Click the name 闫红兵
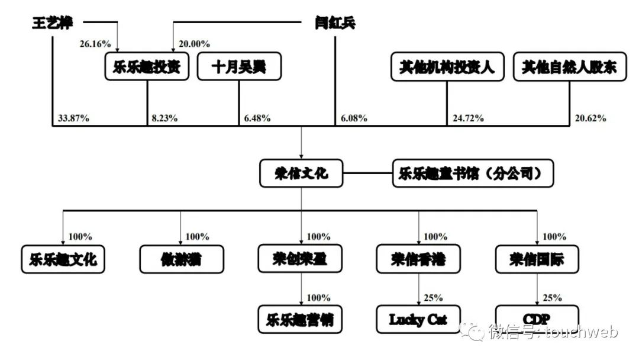click(x=335, y=23)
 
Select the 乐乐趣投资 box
click(x=147, y=67)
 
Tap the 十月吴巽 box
click(x=239, y=67)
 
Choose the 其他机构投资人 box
click(x=447, y=67)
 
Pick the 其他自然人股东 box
click(x=569, y=67)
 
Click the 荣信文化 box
click(x=301, y=174)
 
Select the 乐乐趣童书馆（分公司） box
click(x=473, y=174)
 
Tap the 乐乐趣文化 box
click(x=63, y=259)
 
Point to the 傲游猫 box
click(x=182, y=259)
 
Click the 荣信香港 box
click(x=419, y=259)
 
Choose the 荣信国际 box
click(x=537, y=259)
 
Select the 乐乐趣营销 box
click(x=301, y=319)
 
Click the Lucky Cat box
click(x=418, y=320)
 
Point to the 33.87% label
click(x=73, y=118)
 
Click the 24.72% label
click(x=468, y=118)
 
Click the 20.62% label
click(x=590, y=118)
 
